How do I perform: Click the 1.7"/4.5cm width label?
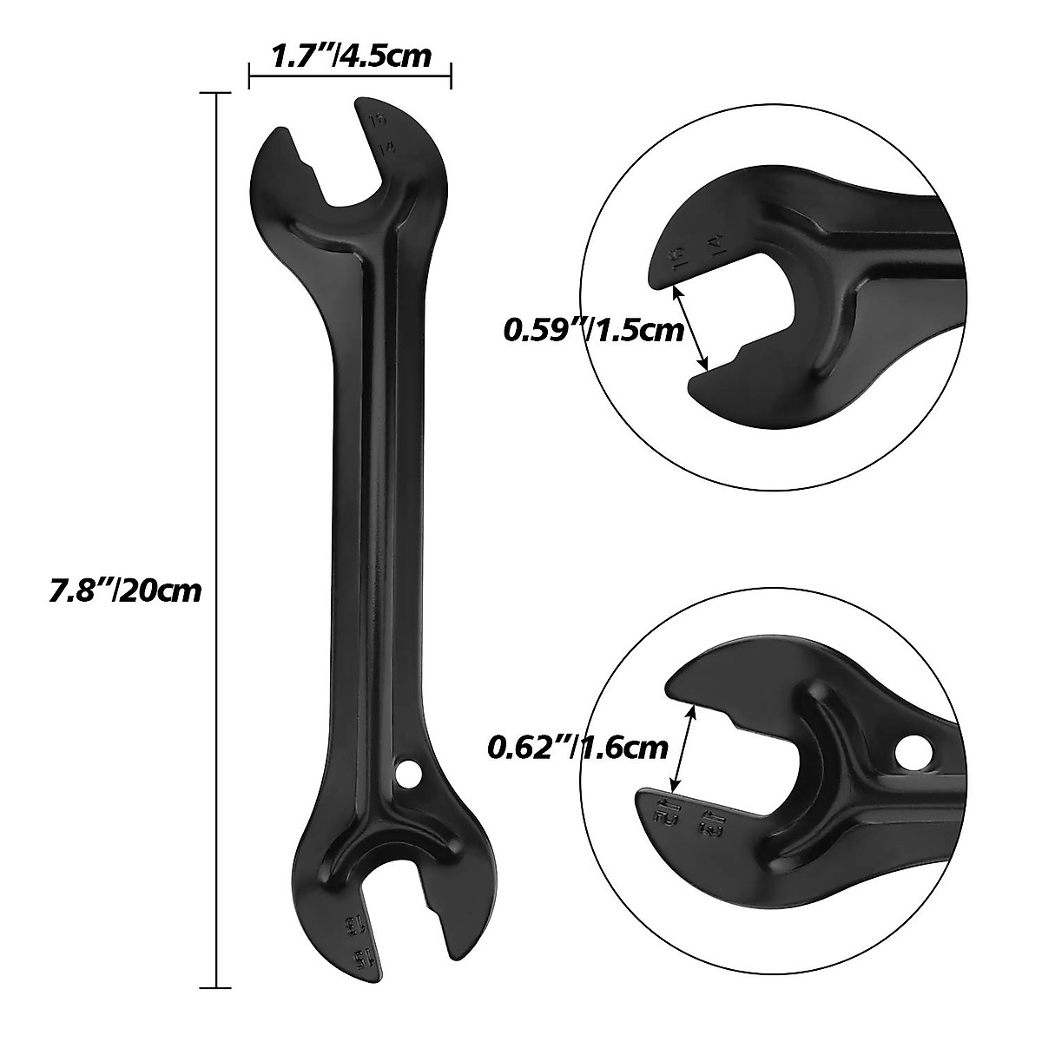point(351,56)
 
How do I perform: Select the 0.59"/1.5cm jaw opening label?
point(593,331)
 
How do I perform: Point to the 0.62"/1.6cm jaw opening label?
point(578,746)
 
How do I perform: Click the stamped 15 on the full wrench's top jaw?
point(377,122)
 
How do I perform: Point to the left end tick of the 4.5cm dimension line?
point(250,76)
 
